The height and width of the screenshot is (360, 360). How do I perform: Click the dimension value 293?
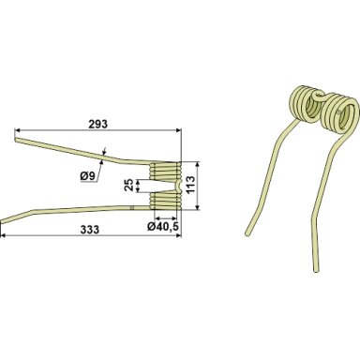[97, 124]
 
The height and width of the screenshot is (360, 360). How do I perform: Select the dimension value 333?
[90, 230]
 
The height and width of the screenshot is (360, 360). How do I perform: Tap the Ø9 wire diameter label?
[88, 177]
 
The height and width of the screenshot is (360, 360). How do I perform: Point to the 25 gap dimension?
[128, 186]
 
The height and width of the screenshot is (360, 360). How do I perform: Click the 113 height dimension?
[190, 186]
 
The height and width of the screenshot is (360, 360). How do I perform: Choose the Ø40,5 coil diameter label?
[163, 227]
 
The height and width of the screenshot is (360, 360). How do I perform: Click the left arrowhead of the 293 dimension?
[18, 129]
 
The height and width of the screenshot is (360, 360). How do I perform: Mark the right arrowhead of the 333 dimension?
[179, 235]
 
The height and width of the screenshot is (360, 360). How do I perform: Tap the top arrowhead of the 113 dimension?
[197, 164]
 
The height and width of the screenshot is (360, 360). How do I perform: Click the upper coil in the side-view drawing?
[166, 172]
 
